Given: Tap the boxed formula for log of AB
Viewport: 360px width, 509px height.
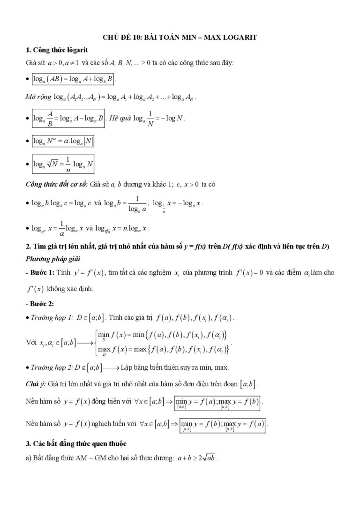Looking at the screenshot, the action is [x=73, y=79].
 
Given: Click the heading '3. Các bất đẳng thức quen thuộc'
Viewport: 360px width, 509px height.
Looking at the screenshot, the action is [x=74, y=443].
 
